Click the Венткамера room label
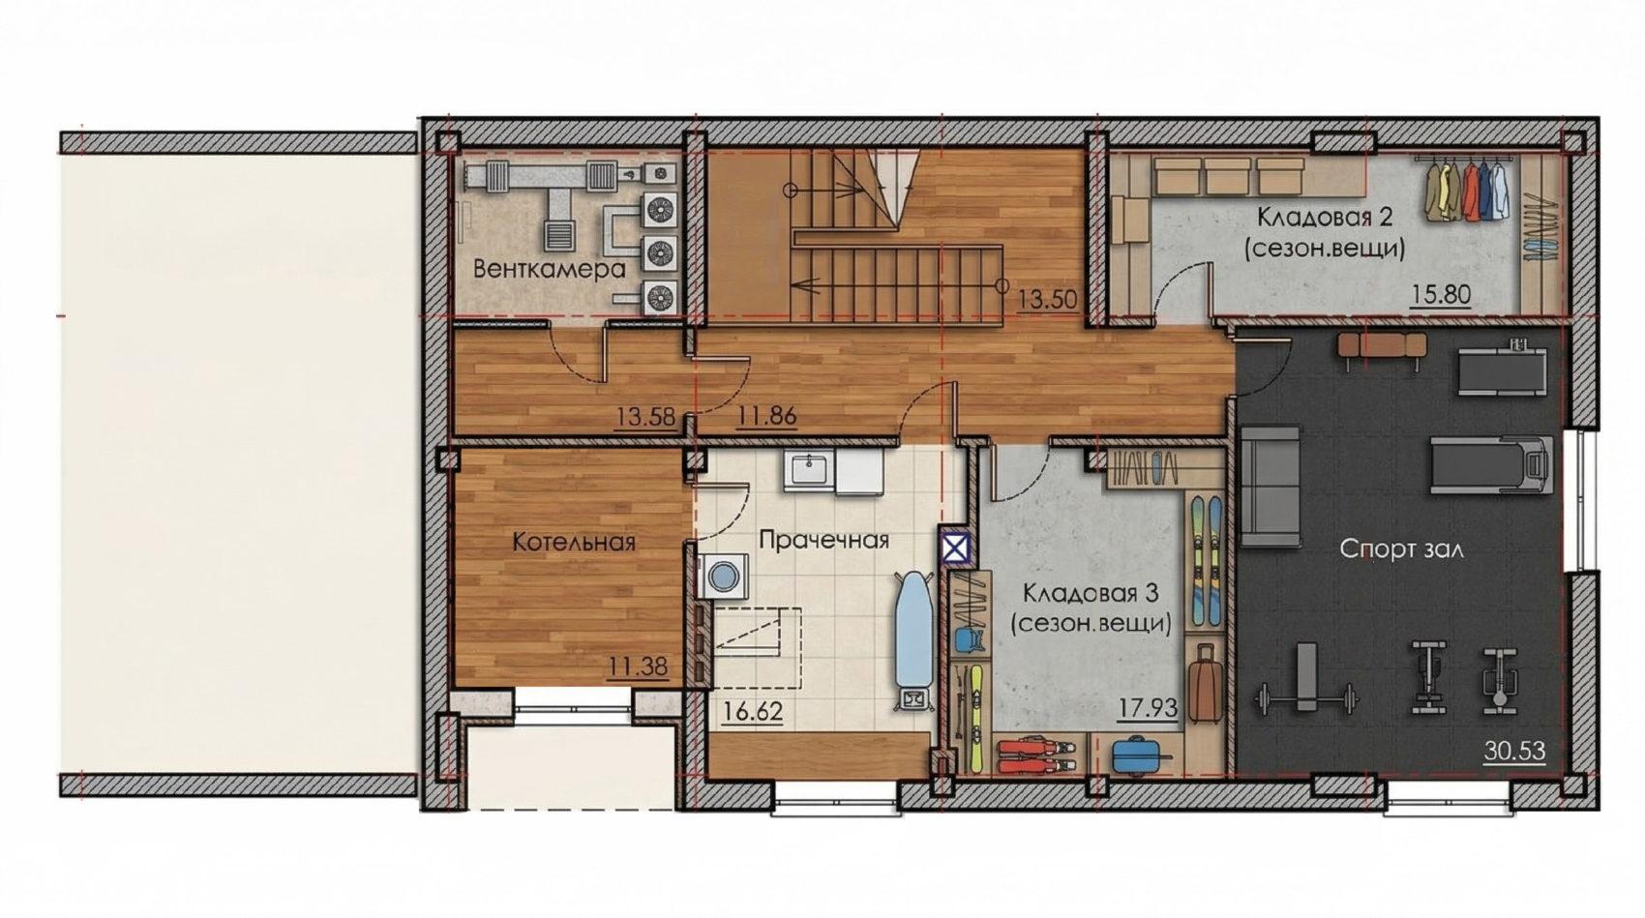pyautogui.click(x=550, y=269)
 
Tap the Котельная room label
pyautogui.click(x=574, y=543)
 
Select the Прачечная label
pyautogui.click(x=824, y=541)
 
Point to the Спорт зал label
pyautogui.click(x=1401, y=548)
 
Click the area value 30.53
pyautogui.click(x=1514, y=752)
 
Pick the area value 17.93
pyautogui.click(x=1148, y=708)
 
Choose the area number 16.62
pyautogui.click(x=753, y=711)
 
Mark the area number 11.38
pyautogui.click(x=638, y=666)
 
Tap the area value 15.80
pyautogui.click(x=1442, y=294)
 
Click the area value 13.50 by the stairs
pyautogui.click(x=1048, y=299)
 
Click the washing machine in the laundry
pyautogui.click(x=724, y=576)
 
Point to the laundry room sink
pyautogui.click(x=810, y=469)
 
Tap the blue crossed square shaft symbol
pyautogui.click(x=955, y=548)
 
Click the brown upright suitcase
pyautogui.click(x=1205, y=684)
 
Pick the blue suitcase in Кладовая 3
pyautogui.click(x=1135, y=755)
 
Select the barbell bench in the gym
pyautogui.click(x=1306, y=679)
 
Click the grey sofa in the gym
pyautogui.click(x=1270, y=487)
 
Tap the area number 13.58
pyautogui.click(x=645, y=416)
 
